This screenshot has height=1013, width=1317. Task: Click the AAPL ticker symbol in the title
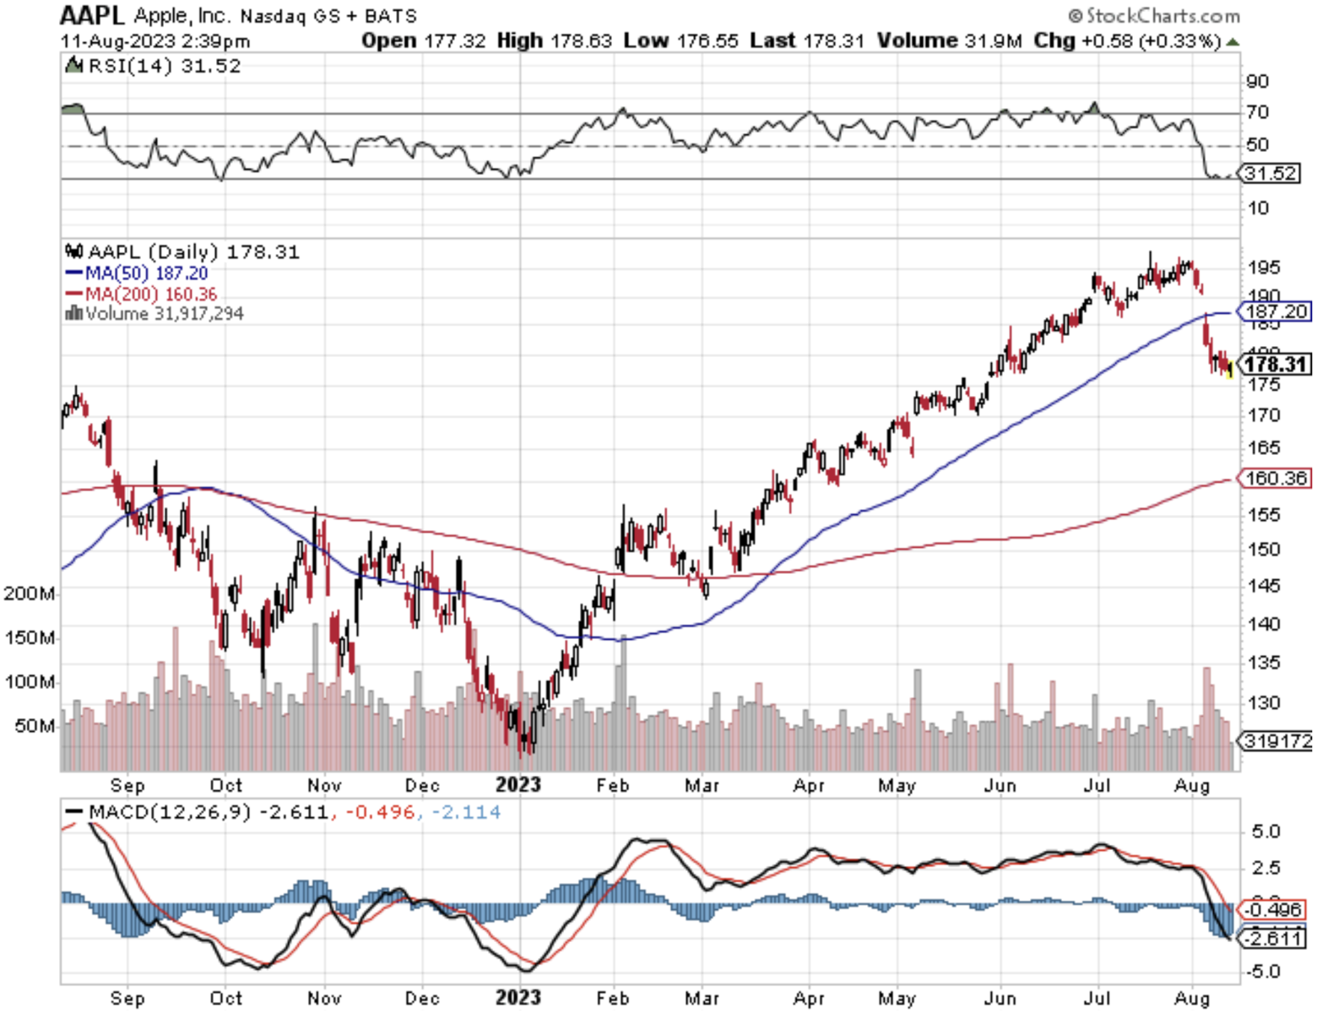click(92, 15)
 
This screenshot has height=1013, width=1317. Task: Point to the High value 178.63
click(581, 41)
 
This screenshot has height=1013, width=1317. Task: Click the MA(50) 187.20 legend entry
click(146, 274)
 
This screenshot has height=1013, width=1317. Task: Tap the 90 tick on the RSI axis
click(1257, 82)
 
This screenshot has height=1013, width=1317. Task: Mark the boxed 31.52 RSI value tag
click(1271, 174)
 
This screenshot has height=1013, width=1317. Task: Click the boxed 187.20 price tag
click(1276, 311)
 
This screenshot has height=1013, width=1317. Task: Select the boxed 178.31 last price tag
click(1276, 365)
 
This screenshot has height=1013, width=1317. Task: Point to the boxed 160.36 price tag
click(1276, 479)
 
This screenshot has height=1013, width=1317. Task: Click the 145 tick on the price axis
click(1264, 586)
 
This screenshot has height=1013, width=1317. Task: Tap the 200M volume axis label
click(30, 593)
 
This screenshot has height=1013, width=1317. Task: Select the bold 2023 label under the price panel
click(518, 785)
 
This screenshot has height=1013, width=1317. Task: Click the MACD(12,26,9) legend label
click(169, 812)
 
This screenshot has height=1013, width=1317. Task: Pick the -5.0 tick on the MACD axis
click(1264, 972)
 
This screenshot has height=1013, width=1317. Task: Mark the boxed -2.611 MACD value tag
click(1276, 939)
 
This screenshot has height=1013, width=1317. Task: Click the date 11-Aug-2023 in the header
click(117, 41)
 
